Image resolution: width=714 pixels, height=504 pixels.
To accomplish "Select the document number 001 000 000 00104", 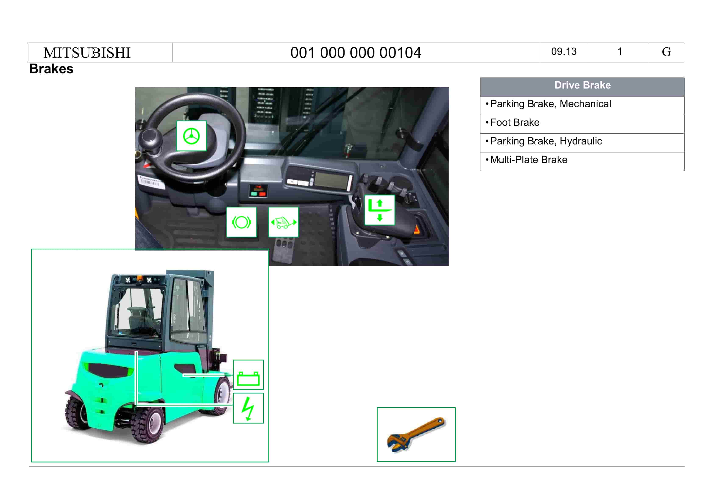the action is pos(356,53).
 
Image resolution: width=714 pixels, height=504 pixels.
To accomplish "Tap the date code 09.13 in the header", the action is pos(564,52).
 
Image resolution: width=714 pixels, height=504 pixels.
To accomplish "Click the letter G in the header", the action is pos(666,52).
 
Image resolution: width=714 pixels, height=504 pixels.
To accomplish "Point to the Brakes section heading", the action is pos(51,69).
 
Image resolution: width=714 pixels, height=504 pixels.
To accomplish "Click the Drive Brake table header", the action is pos(582,85).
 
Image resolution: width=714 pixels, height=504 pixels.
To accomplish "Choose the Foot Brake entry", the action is pos(515,122).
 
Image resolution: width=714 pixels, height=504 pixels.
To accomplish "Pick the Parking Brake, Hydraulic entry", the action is pos(546,141).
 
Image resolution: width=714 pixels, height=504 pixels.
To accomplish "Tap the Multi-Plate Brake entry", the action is pos(529,160).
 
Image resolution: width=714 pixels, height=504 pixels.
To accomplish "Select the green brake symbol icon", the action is pos(242,222).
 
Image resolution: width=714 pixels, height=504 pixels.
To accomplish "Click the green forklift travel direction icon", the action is pos(284,222).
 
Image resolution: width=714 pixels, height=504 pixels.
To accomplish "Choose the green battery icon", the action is pos(248,374).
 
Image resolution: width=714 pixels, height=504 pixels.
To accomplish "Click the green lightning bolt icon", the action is pos(248,408).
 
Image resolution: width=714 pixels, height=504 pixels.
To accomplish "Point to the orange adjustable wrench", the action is pos(416,434).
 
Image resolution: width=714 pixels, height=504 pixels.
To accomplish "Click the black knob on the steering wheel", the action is pos(150,139).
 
